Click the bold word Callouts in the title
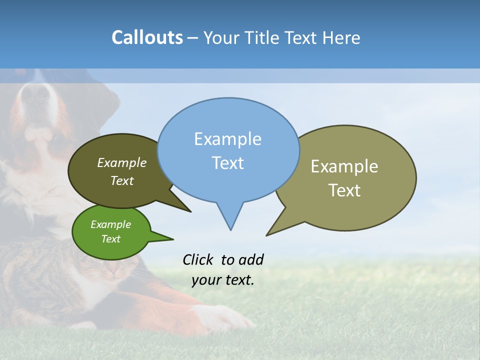pos(147,37)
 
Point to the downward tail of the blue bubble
pos(230,220)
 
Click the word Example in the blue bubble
pos(227,139)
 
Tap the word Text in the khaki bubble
pos(344,190)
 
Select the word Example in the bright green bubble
pos(110,224)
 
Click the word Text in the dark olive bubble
pos(122,181)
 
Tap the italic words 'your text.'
pos(223,280)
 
